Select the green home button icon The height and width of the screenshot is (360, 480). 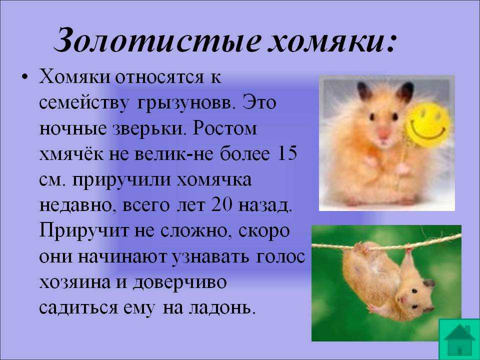(x=459, y=339)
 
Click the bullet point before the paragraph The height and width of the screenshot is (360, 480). (x=25, y=77)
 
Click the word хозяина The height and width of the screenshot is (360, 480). (x=74, y=282)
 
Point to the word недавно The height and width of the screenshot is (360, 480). (x=78, y=205)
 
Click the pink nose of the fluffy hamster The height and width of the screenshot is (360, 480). (x=383, y=132)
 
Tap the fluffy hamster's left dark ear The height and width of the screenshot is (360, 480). (x=364, y=90)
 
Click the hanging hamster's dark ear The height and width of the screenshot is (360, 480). (x=429, y=283)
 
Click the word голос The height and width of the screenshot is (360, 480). (x=280, y=257)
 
